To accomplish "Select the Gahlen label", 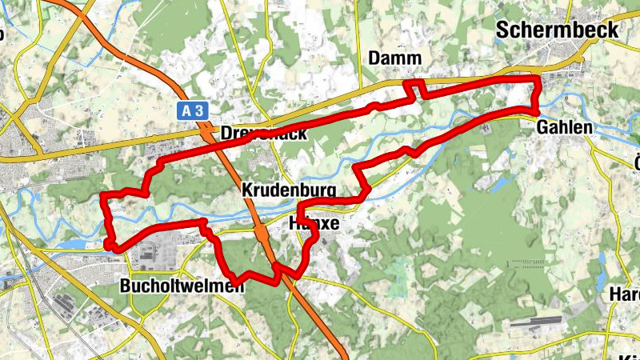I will [x=565, y=127].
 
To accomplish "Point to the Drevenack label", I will [x=263, y=133].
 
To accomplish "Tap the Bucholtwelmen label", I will [x=182, y=286].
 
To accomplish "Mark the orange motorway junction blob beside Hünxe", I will [x=261, y=233].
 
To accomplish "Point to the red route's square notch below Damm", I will [x=413, y=90].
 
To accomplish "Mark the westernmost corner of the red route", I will [x=103, y=196].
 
